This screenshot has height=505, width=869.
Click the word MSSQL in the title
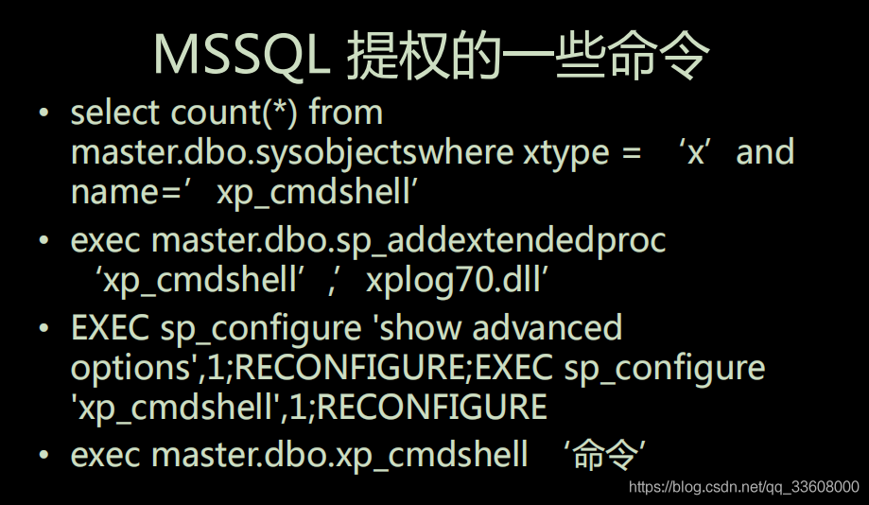[241, 54]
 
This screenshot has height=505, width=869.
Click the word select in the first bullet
[115, 113]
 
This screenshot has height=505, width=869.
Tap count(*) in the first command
[234, 113]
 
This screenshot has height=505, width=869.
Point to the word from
[346, 112]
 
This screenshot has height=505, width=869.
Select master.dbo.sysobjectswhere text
[292, 153]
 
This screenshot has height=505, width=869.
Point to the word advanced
[547, 327]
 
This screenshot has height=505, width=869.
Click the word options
[130, 369]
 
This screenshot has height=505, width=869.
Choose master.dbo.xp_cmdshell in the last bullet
[339, 456]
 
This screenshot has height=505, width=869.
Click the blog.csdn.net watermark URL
[744, 487]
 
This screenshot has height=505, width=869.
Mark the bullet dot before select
[43, 113]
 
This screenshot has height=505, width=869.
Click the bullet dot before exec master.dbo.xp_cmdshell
[43, 455]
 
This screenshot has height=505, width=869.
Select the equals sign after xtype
[632, 153]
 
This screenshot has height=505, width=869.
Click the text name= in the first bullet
[127, 193]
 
